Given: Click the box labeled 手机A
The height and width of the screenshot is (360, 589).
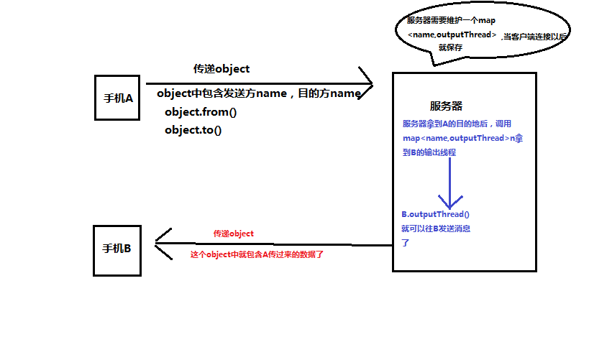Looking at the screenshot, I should point(117,98).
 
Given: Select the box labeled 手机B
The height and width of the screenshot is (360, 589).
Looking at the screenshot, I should point(117,249).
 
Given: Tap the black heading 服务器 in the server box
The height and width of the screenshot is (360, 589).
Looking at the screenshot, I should point(446,106).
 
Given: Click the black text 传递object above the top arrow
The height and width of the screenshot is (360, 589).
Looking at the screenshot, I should point(221,69).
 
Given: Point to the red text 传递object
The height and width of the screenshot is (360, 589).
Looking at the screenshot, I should point(233,234).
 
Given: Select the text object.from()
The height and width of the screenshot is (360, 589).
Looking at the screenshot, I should point(200,112).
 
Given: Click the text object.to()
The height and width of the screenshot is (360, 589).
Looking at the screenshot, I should point(193,130).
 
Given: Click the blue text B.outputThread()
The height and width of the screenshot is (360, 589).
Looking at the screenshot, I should point(435,214).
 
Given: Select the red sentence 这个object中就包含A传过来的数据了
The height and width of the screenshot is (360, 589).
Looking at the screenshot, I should point(257,255).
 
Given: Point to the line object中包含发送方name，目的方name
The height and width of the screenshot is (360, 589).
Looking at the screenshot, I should point(258,93).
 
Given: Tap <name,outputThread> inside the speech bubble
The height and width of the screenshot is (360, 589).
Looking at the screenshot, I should point(452,34).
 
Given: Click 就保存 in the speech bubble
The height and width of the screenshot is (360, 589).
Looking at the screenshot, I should point(449,47).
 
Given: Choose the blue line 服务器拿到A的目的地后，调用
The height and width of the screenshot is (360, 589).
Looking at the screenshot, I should point(457,124).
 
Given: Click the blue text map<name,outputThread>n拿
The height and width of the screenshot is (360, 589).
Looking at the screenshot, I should point(462,138).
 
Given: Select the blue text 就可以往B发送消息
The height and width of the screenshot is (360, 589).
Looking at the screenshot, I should point(437,229).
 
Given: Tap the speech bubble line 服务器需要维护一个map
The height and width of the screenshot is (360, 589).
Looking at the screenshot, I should point(451,20).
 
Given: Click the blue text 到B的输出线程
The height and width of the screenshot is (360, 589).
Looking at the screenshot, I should point(429,152).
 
